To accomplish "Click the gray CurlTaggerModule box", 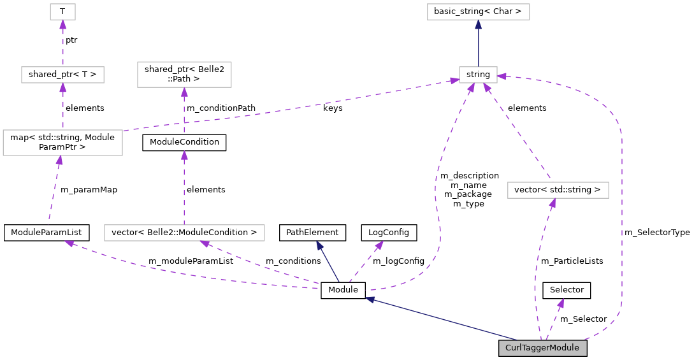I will (x=542, y=348).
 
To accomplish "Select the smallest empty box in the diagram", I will (x=62, y=11).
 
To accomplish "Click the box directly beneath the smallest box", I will (x=62, y=75).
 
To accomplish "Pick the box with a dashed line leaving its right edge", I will (x=62, y=143).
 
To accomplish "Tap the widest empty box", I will (x=184, y=233).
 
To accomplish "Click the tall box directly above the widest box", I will (x=184, y=75).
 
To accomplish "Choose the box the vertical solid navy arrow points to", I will (x=478, y=11).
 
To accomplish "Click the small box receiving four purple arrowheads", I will (x=478, y=75).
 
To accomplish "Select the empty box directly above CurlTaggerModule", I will (x=558, y=190).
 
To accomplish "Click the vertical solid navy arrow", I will (x=478, y=45).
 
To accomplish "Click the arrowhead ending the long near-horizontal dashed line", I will (x=454, y=80).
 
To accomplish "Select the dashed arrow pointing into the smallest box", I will (x=62, y=42).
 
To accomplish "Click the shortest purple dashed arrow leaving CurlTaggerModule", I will (x=554, y=319).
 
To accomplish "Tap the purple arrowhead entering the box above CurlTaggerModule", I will (x=553, y=203).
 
